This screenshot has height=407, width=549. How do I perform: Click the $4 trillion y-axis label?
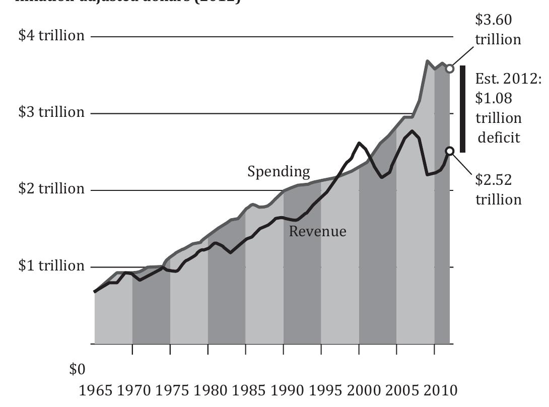coord(51,36)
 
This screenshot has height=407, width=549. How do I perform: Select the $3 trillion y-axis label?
coord(51,112)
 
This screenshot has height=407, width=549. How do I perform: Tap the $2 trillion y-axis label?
coord(51,189)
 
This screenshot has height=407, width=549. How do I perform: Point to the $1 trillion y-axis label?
coord(51,265)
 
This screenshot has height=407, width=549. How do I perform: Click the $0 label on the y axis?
coord(77,370)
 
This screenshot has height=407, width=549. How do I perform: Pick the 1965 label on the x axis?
coord(97,391)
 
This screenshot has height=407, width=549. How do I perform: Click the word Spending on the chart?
coord(279,172)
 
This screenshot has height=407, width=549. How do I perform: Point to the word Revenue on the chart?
coord(317,231)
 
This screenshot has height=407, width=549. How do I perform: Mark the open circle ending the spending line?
coord(450,69)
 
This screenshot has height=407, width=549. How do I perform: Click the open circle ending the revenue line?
coord(450,151)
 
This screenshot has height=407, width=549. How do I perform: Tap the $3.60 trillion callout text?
coord(498,30)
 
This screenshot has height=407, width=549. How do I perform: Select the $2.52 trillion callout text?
coord(498,189)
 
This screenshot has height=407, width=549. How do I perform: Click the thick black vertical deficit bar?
coord(462,109)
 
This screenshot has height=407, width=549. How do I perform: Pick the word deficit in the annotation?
coord(499,138)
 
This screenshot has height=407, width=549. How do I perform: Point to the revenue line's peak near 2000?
coord(359,143)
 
